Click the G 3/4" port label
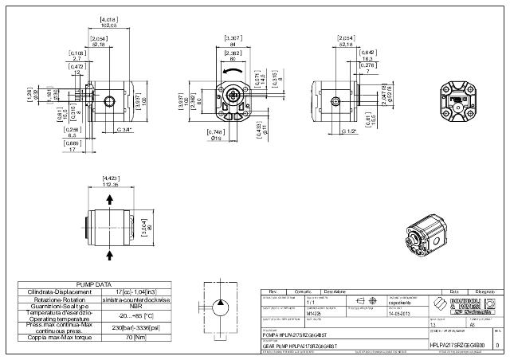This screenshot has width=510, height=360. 124,129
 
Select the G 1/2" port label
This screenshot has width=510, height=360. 348,130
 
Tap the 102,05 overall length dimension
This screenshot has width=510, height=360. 108,25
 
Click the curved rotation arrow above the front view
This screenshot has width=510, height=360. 233,72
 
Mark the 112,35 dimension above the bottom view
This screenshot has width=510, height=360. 111,183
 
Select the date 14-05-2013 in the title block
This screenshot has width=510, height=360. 399,315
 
